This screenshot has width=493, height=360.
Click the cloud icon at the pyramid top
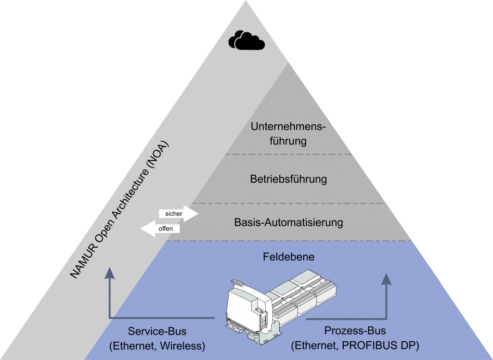tap(246, 40)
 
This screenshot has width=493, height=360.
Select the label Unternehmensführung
tap(288, 134)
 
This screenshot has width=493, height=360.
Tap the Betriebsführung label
tap(288, 179)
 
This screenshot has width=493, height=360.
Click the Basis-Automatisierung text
tap(288, 222)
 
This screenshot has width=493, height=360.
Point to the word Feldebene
tap(288, 257)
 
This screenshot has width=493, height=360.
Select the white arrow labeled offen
tap(160, 229)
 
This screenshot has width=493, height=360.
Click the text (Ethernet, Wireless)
tap(157, 345)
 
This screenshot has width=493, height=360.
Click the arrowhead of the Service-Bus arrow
tap(110, 273)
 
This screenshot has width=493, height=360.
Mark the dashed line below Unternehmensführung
tap(288, 154)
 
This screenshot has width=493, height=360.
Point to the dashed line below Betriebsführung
tap(288, 203)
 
